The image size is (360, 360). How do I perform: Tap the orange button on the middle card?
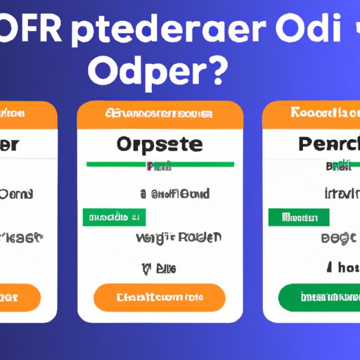click(160, 297)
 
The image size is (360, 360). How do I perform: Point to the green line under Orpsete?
click(160, 164)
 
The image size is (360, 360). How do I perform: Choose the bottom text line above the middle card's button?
click(159, 267)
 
